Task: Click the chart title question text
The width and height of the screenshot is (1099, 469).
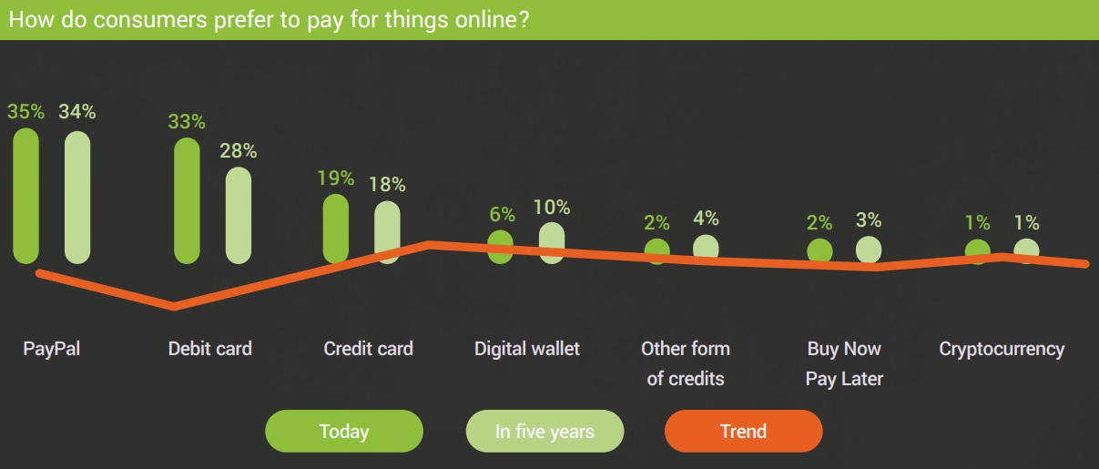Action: tap(269, 20)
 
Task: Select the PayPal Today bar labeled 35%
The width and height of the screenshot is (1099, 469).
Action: tap(26, 196)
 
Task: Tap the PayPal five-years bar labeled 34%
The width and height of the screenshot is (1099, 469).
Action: tap(77, 198)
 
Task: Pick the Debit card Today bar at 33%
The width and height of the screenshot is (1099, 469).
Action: tap(187, 200)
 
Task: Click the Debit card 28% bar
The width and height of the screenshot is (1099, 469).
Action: tap(239, 215)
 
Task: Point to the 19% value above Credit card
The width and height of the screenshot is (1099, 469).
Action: tap(336, 178)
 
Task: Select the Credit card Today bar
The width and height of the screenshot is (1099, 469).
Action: tap(336, 229)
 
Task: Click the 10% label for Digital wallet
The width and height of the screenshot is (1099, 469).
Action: tap(552, 208)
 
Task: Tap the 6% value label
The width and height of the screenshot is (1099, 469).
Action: tap(502, 214)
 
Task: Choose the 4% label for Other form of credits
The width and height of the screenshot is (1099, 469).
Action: tap(706, 218)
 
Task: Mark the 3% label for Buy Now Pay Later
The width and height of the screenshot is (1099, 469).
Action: tap(869, 219)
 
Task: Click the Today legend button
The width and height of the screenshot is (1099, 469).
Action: tap(344, 432)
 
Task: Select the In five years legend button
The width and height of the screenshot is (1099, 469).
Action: tap(544, 432)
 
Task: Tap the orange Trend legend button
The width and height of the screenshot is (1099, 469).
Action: tap(743, 432)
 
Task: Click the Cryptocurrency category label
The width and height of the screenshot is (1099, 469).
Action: tap(1002, 350)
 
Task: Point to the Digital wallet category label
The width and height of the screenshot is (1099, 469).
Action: tap(527, 349)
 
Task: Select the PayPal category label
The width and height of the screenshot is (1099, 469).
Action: tap(52, 350)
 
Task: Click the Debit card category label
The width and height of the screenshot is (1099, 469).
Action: tap(210, 349)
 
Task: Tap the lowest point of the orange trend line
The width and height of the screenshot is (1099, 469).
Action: tap(174, 307)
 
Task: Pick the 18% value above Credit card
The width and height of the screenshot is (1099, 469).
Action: tap(387, 185)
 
